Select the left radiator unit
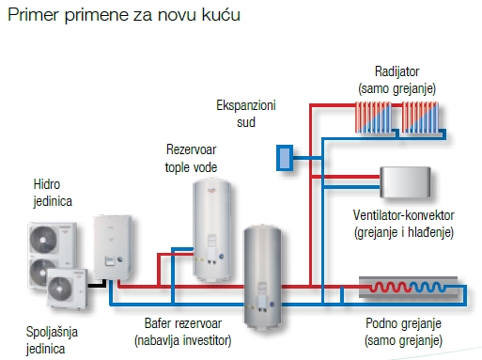pos(374,117)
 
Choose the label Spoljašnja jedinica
pos(53,340)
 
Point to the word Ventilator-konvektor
pos(403,214)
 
